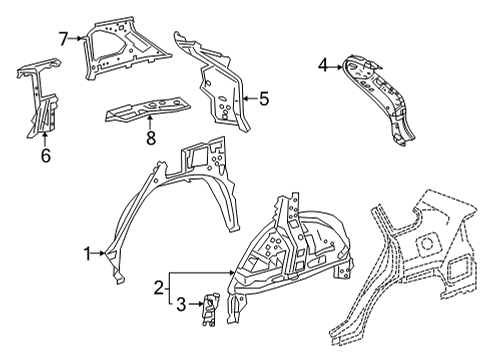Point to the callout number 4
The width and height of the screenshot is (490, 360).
click(322, 66)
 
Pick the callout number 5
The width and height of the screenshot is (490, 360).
click(265, 98)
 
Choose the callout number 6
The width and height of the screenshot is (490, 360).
click(45, 156)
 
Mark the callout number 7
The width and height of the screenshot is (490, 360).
click(63, 39)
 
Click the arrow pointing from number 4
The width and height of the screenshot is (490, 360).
click(336, 66)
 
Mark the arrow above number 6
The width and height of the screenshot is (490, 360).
click(45, 138)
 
